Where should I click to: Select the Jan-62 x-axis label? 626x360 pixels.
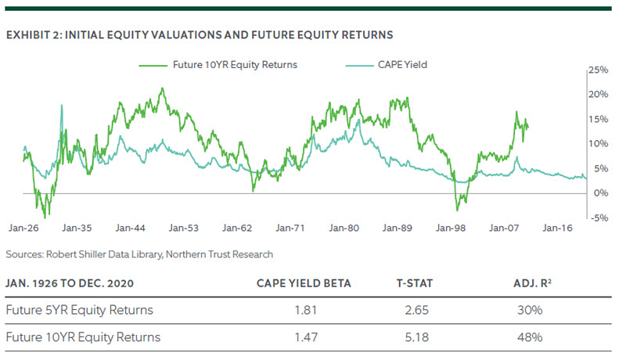tap(236, 229)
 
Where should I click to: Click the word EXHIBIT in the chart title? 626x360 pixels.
tap(27, 34)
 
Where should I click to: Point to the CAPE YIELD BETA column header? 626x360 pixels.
tap(304, 282)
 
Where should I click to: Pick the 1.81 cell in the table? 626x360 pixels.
tap(304, 309)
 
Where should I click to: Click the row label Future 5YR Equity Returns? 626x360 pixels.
tap(79, 309)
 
